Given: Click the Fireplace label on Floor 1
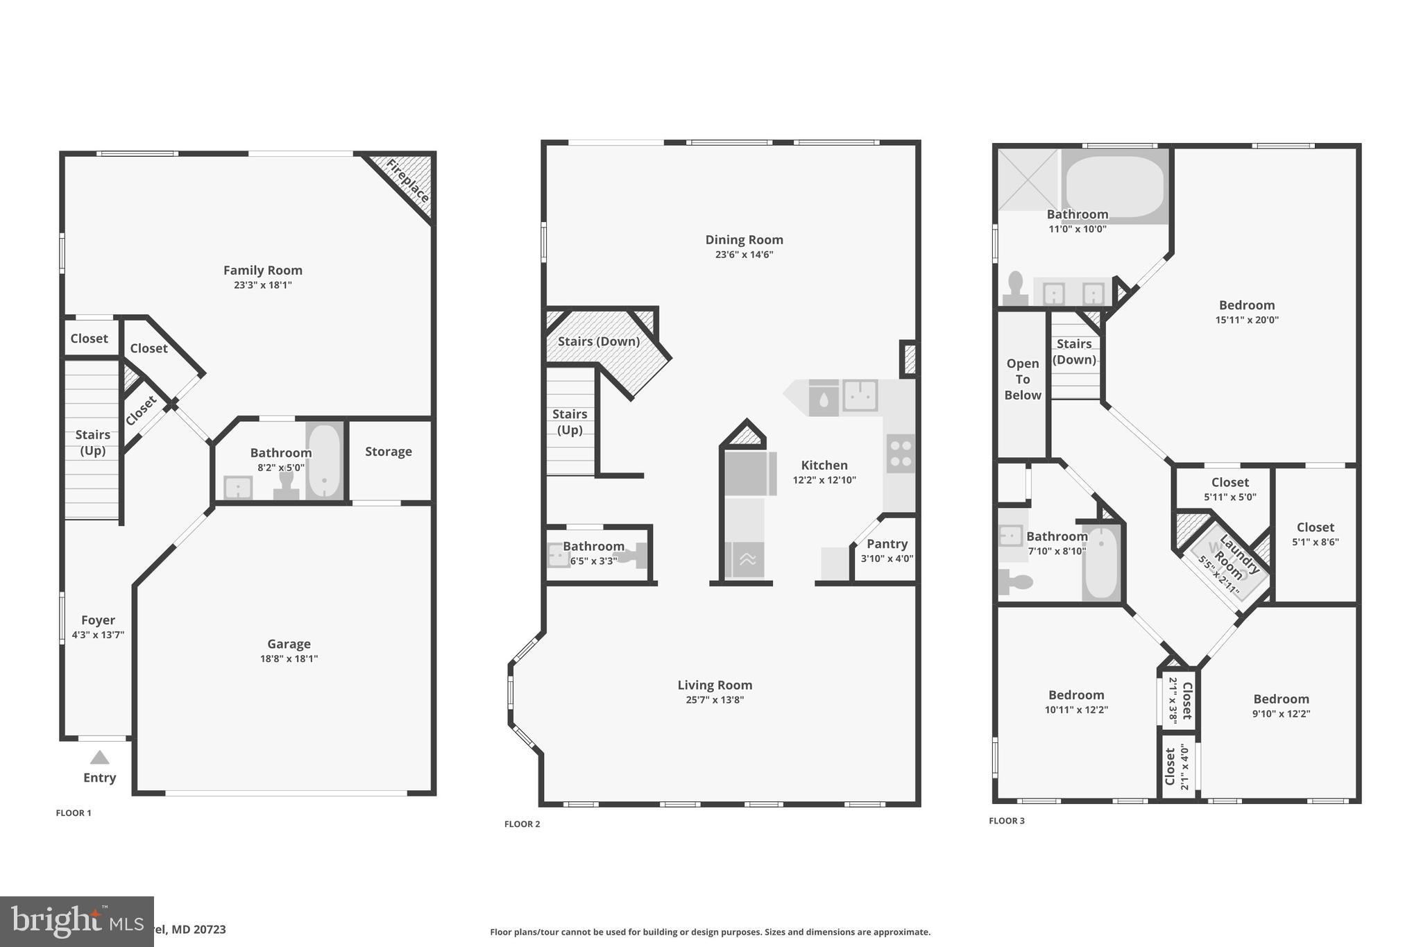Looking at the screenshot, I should click(407, 181).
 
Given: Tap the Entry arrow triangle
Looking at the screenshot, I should click(99, 757).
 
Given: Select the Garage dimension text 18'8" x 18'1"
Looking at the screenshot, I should click(289, 658).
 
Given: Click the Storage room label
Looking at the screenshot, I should click(389, 452).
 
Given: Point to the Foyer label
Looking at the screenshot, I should click(98, 620).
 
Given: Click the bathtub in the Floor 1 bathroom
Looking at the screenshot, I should click(324, 461).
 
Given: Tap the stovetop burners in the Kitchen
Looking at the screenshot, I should click(901, 454).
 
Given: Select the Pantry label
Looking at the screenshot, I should click(887, 544).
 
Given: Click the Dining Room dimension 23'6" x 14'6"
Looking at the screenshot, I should click(744, 255).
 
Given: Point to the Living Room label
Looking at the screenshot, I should click(715, 685).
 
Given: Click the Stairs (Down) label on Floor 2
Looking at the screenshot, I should click(599, 341).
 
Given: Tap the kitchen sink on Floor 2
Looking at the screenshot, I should click(860, 395).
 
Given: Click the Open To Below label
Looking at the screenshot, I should click(1023, 379).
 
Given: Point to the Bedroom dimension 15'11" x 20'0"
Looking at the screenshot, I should click(1247, 320).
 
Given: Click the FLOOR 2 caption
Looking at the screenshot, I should click(522, 824).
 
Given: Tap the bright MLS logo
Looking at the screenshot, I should click(76, 921).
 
